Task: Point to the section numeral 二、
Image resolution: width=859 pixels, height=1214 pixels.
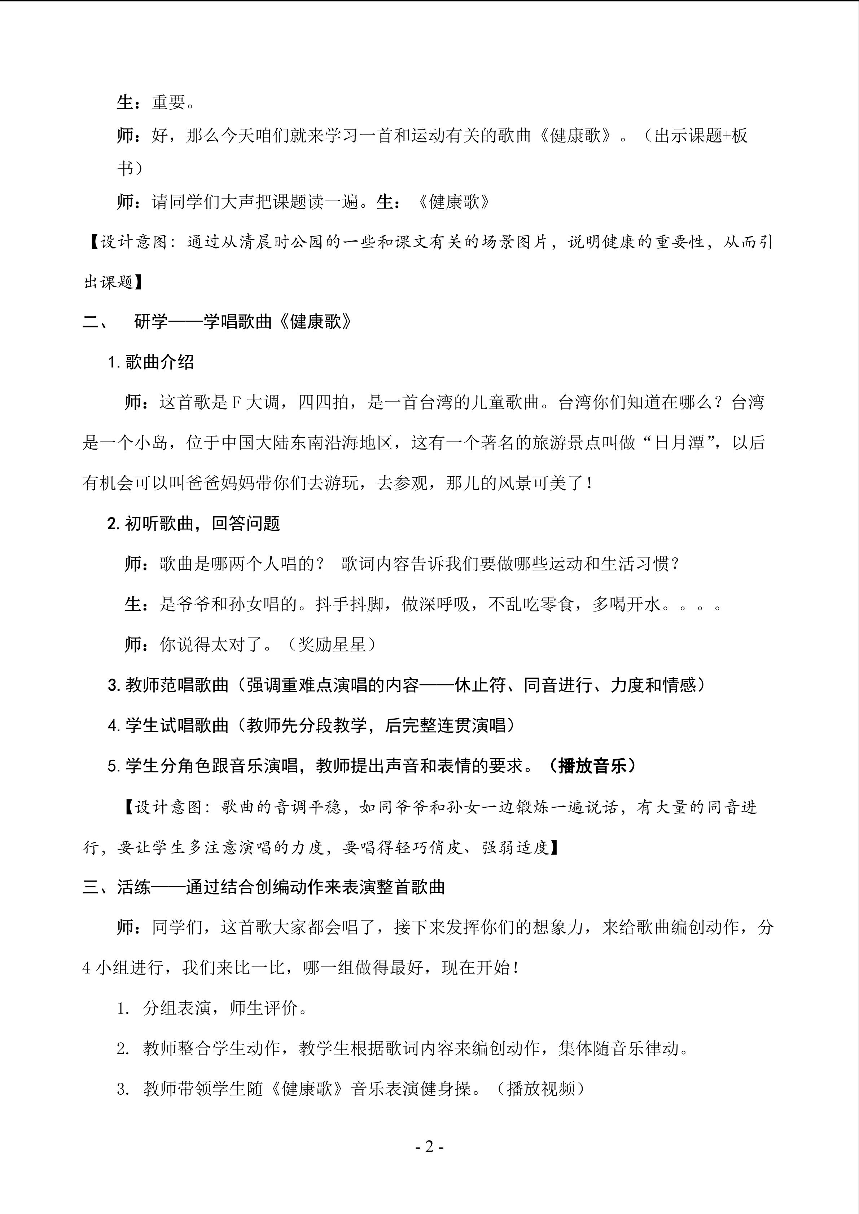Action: tap(95, 322)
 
